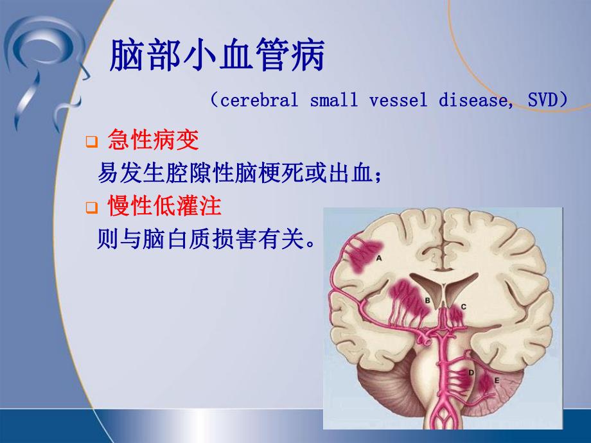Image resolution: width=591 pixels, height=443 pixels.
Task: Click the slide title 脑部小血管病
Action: pyautogui.click(x=218, y=57)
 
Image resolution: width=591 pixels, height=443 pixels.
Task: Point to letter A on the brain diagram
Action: pyautogui.click(x=379, y=258)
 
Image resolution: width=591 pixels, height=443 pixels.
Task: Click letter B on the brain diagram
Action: pyautogui.click(x=428, y=300)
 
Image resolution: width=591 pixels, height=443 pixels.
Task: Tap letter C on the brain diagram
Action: pyautogui.click(x=463, y=307)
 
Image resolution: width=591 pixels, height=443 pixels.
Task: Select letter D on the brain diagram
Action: pyautogui.click(x=472, y=372)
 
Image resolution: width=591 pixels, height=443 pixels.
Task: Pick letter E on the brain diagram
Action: pyautogui.click(x=495, y=380)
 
